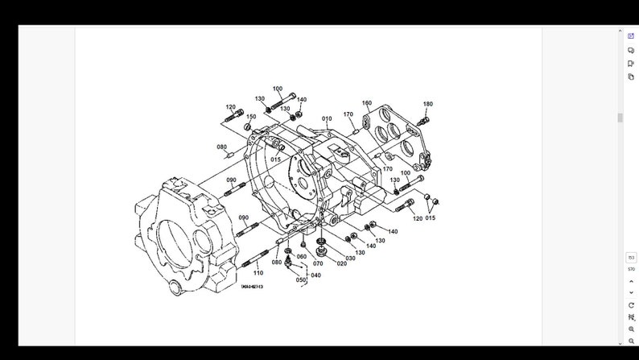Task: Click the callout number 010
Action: [327, 119]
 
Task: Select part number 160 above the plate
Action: [367, 103]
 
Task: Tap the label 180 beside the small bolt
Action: [427, 104]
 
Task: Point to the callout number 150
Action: [251, 117]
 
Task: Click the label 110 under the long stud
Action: [258, 273]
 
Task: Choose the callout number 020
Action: [341, 263]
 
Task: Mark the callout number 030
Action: [351, 258]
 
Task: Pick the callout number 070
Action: [318, 263]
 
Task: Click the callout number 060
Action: [302, 257]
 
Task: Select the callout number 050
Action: [301, 280]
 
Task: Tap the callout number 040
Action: [315, 275]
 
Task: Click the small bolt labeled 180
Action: [423, 120]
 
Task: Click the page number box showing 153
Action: [631, 258]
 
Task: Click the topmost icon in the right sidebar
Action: [631, 35]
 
